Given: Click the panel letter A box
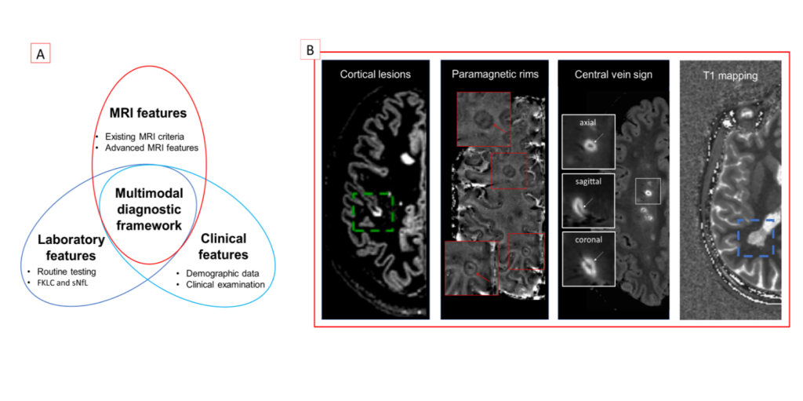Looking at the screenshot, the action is point(41,54).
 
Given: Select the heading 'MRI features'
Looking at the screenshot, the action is point(149,113).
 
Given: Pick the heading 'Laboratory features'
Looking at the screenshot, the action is point(71,248).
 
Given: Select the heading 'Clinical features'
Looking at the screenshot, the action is point(224,246).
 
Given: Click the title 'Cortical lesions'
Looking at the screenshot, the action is point(376,74).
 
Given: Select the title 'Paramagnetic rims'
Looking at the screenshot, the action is point(495,74).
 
